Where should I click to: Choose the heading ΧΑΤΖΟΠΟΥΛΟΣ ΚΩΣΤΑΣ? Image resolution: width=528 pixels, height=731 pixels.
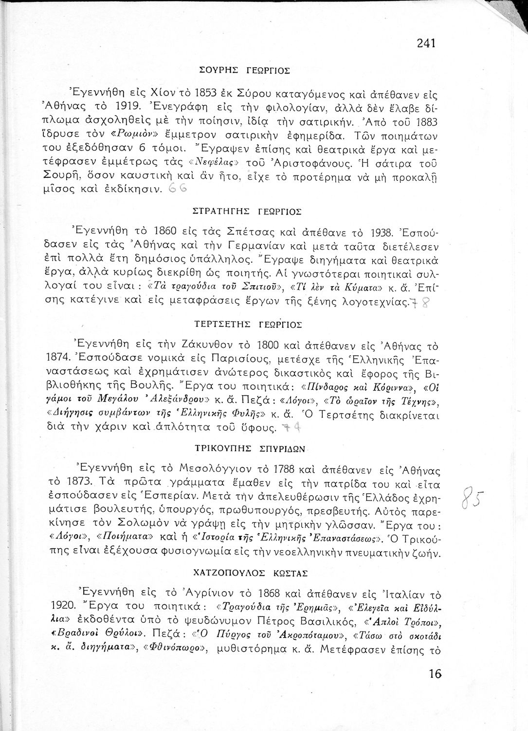click(x=251, y=574)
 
